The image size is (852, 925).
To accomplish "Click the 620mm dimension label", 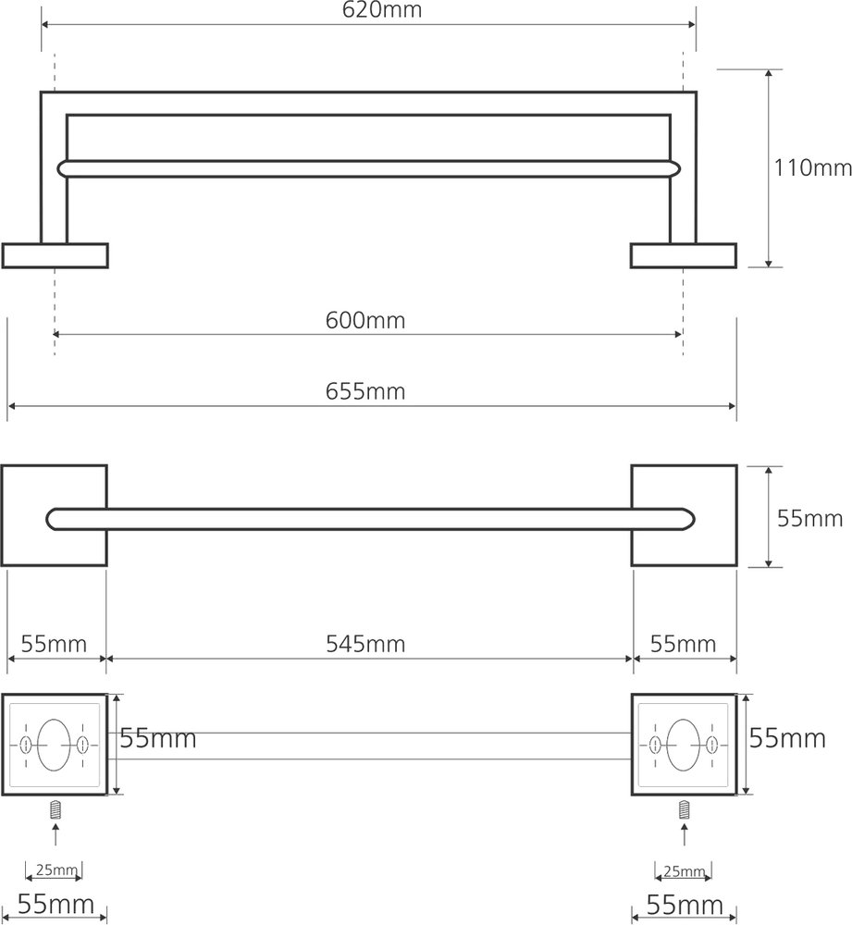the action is pyautogui.click(x=382, y=10).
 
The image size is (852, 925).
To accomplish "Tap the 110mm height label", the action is pyautogui.click(x=812, y=168).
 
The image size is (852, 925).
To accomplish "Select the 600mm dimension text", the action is pyautogui.click(x=365, y=320).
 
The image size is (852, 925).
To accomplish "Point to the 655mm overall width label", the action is pyautogui.click(x=365, y=391).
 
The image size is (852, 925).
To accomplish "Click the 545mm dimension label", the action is pyautogui.click(x=365, y=644).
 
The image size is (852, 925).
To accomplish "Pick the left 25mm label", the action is pyautogui.click(x=56, y=869).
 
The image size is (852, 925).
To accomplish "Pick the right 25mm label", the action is pyautogui.click(x=685, y=871).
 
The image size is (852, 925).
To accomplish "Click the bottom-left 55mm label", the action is pyautogui.click(x=56, y=904).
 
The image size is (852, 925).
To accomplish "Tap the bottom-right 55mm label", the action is pyautogui.click(x=685, y=905).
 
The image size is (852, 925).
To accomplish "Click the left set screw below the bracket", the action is pyautogui.click(x=56, y=808).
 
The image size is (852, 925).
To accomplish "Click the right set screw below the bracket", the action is pyautogui.click(x=684, y=808).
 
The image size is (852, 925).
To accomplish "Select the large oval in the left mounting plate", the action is pyautogui.click(x=54, y=745).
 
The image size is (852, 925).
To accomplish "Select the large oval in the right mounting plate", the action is pyautogui.click(x=684, y=745).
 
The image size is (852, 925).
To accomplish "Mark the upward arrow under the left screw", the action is pyautogui.click(x=56, y=834).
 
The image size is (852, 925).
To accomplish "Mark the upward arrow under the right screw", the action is pyautogui.click(x=684, y=834).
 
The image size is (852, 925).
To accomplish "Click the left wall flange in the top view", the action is pyautogui.click(x=55, y=255).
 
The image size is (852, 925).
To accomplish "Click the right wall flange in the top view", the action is pyautogui.click(x=684, y=255).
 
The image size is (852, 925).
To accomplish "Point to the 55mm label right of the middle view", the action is pyautogui.click(x=809, y=519).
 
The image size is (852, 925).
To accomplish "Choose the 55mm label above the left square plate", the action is pyautogui.click(x=54, y=644).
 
